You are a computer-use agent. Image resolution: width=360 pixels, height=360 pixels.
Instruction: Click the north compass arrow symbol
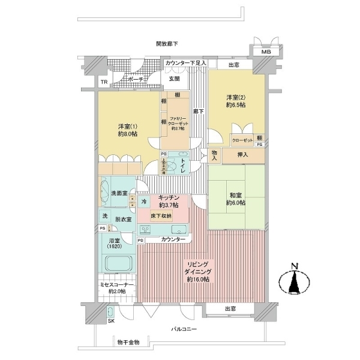point(294,281)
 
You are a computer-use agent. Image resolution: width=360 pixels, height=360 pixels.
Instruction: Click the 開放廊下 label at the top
point(167,43)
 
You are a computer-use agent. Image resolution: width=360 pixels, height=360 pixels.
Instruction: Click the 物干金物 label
point(127,342)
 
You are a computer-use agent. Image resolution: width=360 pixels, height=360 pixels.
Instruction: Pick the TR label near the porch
point(103,82)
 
